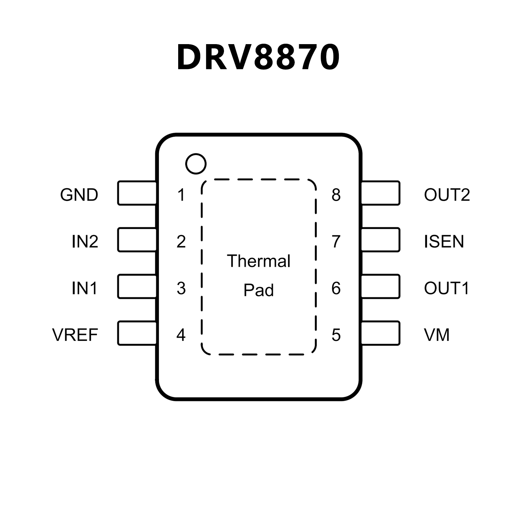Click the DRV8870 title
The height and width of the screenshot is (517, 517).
[x=258, y=57]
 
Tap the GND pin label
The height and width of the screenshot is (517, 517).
[x=79, y=195]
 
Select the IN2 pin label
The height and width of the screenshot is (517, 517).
[x=85, y=241]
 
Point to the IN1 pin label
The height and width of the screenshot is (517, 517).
[x=85, y=288]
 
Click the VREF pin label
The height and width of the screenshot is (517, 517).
[x=75, y=335]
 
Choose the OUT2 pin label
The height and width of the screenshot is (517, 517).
[x=447, y=195]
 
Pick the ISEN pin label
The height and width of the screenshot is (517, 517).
[x=444, y=241]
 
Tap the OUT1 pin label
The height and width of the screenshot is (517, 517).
[x=446, y=288]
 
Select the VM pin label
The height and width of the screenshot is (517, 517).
[x=437, y=335]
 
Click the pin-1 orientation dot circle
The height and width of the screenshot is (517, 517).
[x=196, y=164]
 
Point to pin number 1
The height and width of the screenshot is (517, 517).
[x=181, y=195]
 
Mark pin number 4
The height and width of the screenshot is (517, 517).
[x=181, y=335]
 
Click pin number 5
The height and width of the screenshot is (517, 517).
[x=336, y=335]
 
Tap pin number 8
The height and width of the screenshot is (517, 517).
[x=336, y=195]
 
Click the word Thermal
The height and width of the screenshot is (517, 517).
[x=259, y=261]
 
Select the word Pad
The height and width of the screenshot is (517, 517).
[x=259, y=290]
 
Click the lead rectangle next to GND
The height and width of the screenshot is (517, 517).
[x=137, y=193]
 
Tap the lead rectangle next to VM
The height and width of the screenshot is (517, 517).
[x=381, y=333]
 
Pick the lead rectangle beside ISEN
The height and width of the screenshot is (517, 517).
[x=381, y=240]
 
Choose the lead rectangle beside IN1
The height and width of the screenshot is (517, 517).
[x=137, y=287]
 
